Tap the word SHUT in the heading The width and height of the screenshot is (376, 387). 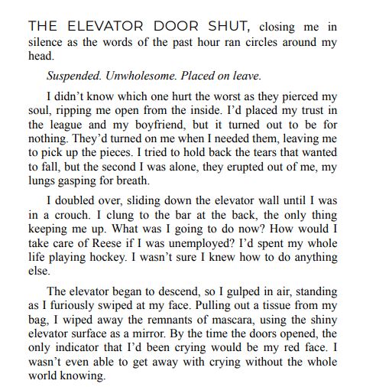pos(227,26)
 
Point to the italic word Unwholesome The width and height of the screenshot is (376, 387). pos(157,76)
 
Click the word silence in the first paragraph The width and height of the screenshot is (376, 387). pos(47,43)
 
